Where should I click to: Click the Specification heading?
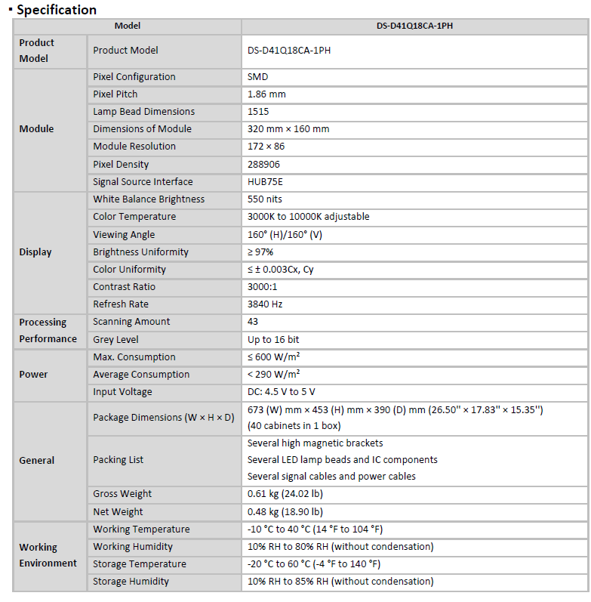57,10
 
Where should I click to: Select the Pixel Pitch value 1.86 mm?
266,94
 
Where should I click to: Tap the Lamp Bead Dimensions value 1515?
258,112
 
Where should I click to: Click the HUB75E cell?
265,182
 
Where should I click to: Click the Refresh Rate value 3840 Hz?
265,304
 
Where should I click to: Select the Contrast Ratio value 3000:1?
263,287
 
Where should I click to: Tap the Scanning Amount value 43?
253,322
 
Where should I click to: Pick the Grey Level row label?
115,340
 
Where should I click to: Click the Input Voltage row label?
122,392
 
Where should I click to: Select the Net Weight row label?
119,511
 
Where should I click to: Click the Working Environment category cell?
48,555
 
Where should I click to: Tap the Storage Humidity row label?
131,582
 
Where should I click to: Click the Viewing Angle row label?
124,235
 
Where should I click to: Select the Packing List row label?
118,460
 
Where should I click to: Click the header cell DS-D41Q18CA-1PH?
414,26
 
